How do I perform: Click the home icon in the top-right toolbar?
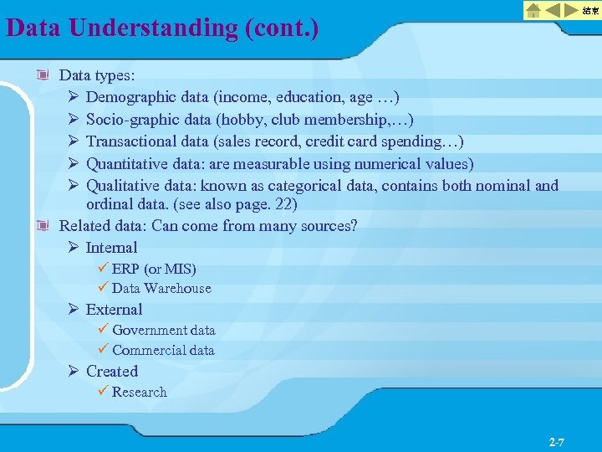[533, 10]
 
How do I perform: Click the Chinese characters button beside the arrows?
[590, 10]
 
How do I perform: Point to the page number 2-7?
[557, 440]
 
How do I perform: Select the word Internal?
[111, 247]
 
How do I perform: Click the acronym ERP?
[125, 269]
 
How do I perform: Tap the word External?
[114, 309]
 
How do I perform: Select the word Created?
[111, 371]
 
